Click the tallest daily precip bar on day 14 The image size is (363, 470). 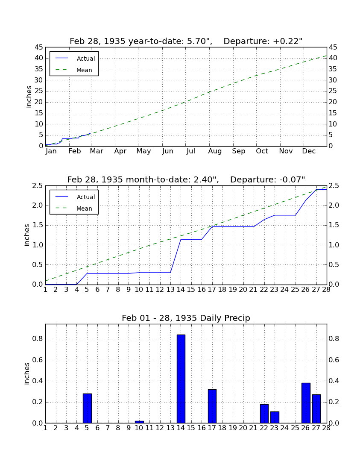click(x=181, y=379)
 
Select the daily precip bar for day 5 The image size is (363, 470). click(x=87, y=408)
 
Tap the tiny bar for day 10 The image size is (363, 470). click(x=139, y=422)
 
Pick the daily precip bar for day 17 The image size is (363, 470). click(x=212, y=406)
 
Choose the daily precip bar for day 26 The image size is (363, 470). click(x=306, y=403)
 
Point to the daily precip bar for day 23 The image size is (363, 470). click(x=275, y=417)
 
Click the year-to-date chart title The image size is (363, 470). click(x=186, y=41)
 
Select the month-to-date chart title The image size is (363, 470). click(x=186, y=180)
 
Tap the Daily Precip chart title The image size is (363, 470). click(x=186, y=318)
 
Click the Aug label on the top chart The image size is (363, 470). click(x=215, y=151)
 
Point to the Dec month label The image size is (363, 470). click(x=309, y=151)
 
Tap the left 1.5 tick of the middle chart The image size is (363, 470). click(x=38, y=226)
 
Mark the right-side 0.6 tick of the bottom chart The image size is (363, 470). click(x=334, y=360)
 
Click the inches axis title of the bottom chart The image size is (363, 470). click(x=27, y=373)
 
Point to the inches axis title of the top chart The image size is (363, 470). click(x=29, y=97)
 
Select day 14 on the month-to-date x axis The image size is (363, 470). click(x=181, y=290)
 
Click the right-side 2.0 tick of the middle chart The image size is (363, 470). click(x=334, y=206)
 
